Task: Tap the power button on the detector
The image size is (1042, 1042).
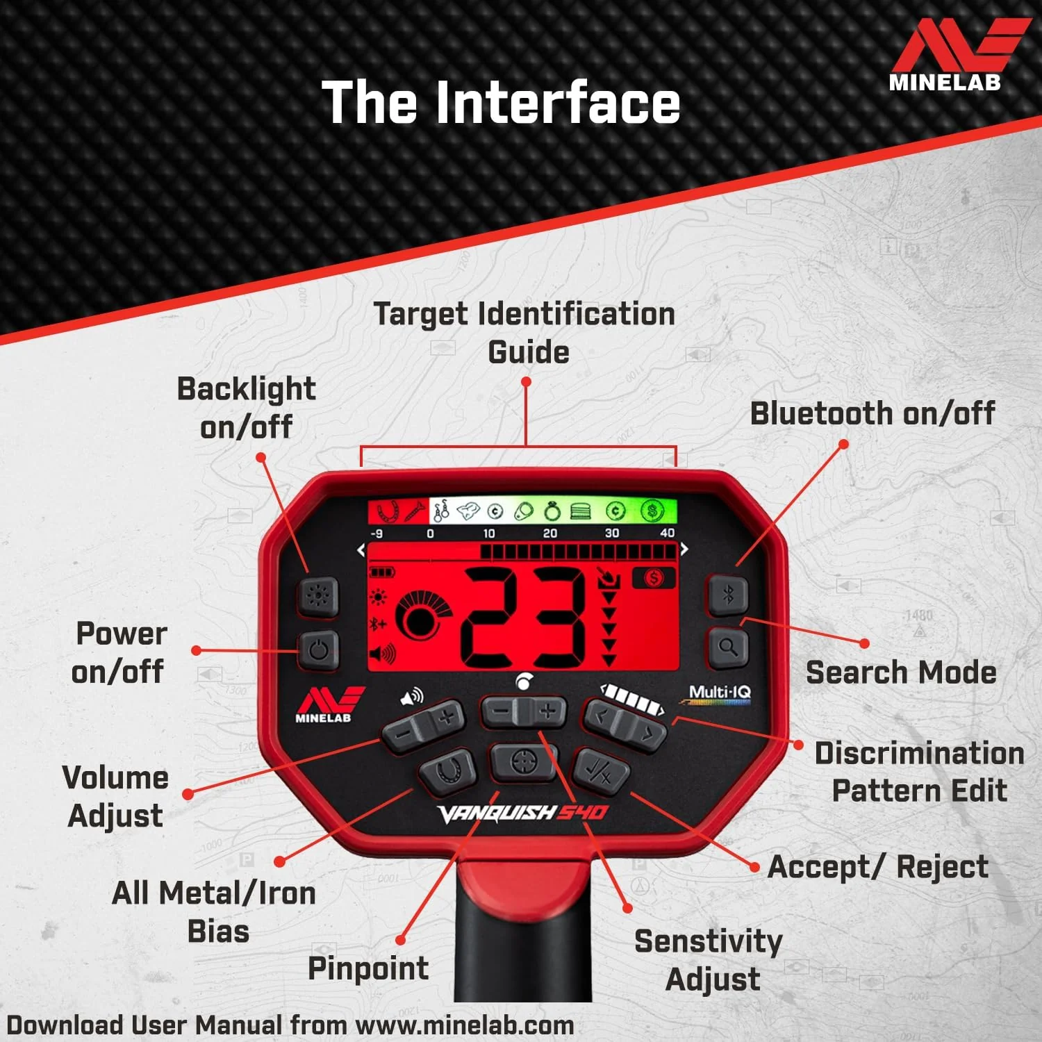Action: click(319, 650)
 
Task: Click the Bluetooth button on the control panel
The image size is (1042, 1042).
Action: click(727, 595)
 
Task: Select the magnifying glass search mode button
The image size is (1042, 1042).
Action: click(727, 648)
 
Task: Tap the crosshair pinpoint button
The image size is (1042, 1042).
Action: click(524, 762)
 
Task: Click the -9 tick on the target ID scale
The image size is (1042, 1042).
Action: click(377, 534)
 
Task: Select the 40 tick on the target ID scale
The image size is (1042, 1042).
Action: click(667, 533)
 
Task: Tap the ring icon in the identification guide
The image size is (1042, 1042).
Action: click(552, 511)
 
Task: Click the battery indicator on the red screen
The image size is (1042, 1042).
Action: click(381, 572)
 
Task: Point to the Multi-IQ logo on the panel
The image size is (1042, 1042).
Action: click(719, 694)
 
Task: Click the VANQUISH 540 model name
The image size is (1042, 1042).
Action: click(523, 813)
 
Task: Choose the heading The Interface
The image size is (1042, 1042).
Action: click(501, 102)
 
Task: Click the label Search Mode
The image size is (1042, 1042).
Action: click(901, 672)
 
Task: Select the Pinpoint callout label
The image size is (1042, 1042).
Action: click(368, 968)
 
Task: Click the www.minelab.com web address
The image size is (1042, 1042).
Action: click(465, 1025)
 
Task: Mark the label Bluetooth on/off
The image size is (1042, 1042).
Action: click(873, 413)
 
